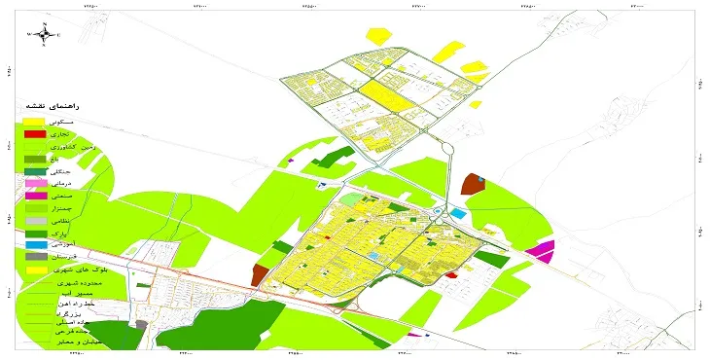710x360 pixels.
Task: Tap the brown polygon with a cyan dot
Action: (473, 184)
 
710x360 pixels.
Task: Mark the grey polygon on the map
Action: (141, 325)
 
